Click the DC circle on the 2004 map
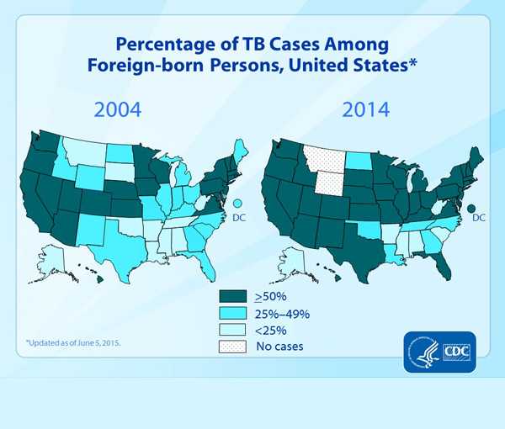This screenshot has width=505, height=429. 238,203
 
